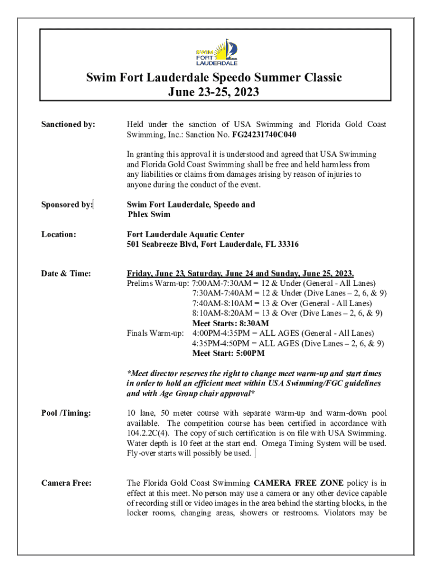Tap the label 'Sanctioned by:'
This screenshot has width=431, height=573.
pos(68,124)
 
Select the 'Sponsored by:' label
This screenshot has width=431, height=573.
pos(67,205)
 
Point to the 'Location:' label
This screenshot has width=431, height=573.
pos(58,234)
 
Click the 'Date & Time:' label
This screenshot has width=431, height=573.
pos(66,274)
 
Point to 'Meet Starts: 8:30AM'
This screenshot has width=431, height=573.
pos(231,323)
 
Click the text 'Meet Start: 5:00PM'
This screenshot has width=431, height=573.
pos(228,354)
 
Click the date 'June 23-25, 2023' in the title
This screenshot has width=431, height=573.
pos(214,92)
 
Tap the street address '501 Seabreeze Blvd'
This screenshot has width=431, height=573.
pos(162,245)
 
